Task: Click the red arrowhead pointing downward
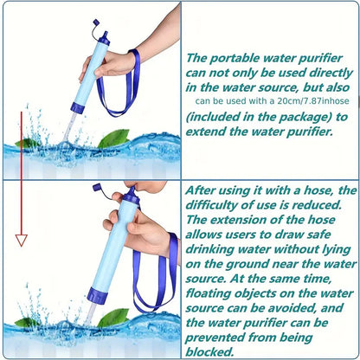tap(22, 240)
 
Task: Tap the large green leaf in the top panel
tap(112, 138)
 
